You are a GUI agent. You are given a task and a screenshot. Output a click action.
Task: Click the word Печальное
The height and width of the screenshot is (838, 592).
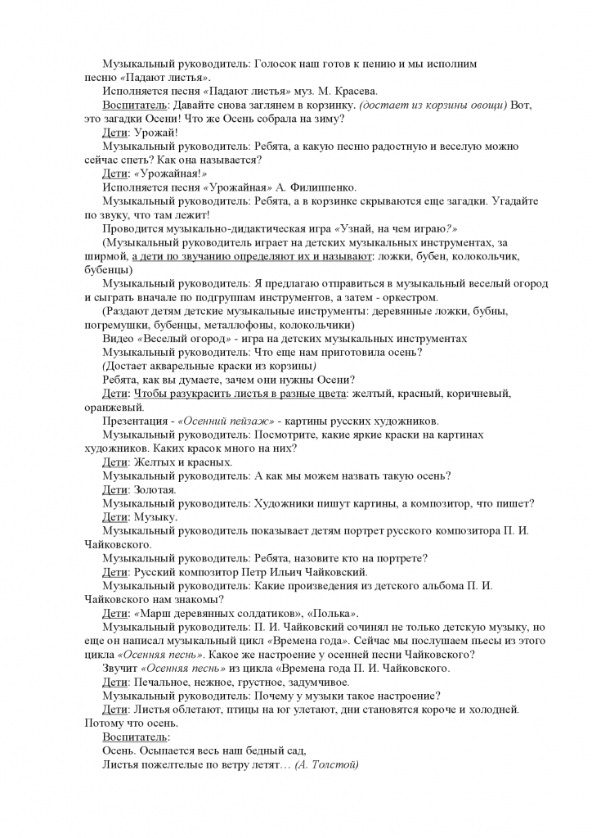162,683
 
